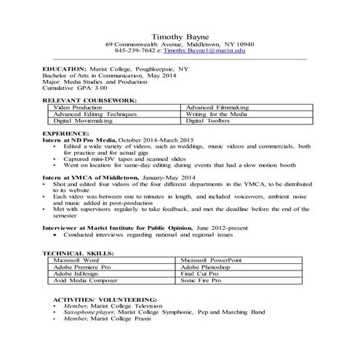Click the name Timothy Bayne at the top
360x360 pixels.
click(180, 36)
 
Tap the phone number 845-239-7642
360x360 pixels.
click(137, 52)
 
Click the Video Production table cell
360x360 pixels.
click(78, 107)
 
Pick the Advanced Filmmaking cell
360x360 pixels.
click(216, 107)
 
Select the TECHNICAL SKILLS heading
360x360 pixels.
click(79, 252)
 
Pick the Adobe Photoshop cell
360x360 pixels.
click(209, 266)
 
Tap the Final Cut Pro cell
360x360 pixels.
click(204, 273)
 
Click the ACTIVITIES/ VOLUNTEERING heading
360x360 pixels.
click(97, 299)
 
